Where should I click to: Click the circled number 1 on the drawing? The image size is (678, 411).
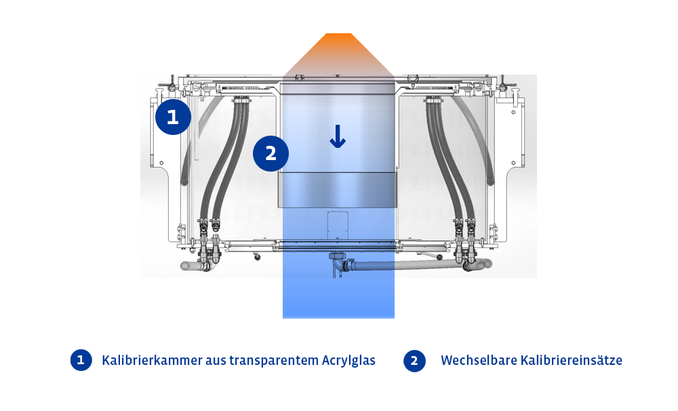[x=173, y=117]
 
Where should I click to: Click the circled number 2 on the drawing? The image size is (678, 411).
[x=271, y=153]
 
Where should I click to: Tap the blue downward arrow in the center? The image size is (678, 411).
[x=338, y=136]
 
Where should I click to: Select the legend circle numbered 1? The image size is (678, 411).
[x=81, y=360]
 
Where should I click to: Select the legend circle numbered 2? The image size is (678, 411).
[x=414, y=361]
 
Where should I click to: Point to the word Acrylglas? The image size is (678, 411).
[x=348, y=361]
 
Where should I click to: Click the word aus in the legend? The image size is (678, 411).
[x=216, y=361]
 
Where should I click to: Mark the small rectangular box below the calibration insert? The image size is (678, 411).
[x=338, y=225]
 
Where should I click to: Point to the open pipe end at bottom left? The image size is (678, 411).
[x=184, y=266]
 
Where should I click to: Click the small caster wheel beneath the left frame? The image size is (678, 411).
[x=258, y=258]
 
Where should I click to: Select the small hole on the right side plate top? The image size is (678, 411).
[x=513, y=113]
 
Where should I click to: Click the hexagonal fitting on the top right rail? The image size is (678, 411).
[x=413, y=79]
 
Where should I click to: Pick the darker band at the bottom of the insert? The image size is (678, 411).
[x=337, y=190]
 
